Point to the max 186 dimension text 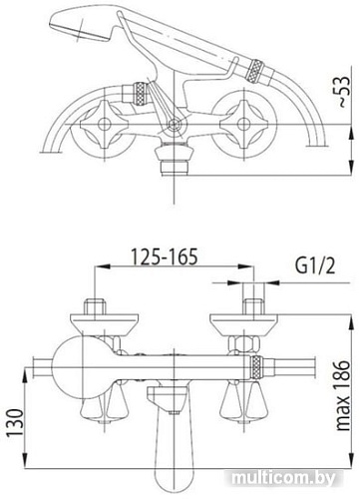click(x=345, y=385)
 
